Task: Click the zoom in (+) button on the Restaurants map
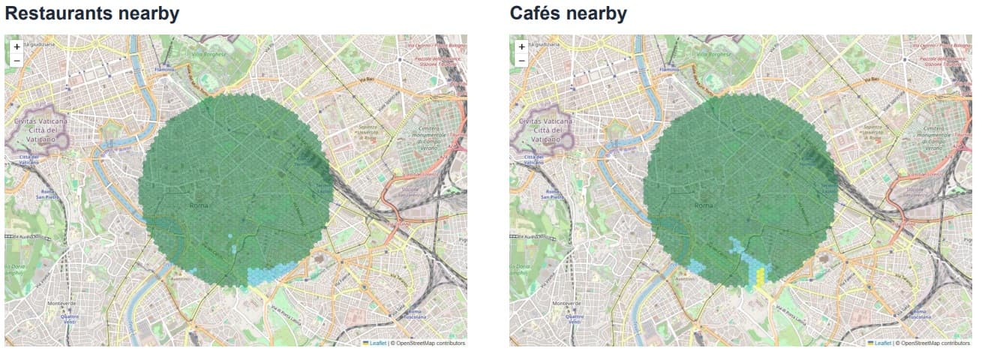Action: pyautogui.click(x=17, y=46)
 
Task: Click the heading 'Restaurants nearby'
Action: pyautogui.click(x=92, y=13)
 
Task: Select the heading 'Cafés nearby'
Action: pyautogui.click(x=568, y=13)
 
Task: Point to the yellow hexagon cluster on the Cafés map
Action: pyautogui.click(x=760, y=277)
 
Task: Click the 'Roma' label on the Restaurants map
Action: pyautogui.click(x=199, y=205)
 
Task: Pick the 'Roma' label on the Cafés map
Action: pyautogui.click(x=704, y=205)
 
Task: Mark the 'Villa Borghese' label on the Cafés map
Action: pyautogui.click(x=713, y=54)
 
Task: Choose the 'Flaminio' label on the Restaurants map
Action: pyautogui.click(x=165, y=70)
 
